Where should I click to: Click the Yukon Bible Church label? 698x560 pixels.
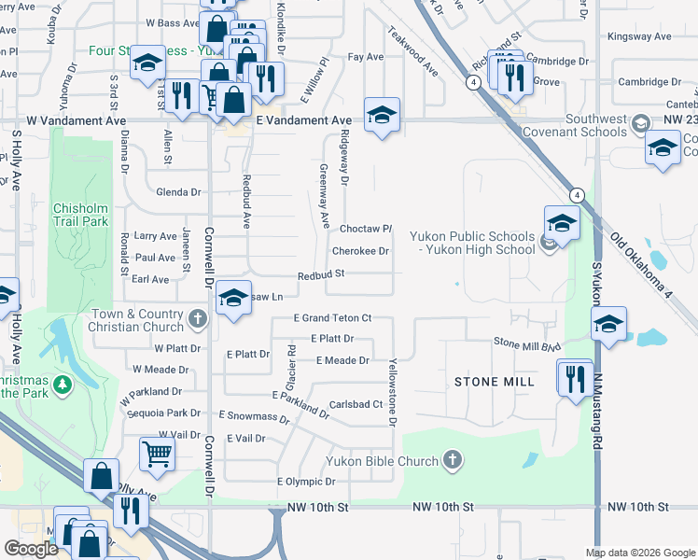click(382, 461)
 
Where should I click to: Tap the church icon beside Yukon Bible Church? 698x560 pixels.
click(453, 459)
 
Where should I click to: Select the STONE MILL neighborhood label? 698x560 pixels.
click(494, 382)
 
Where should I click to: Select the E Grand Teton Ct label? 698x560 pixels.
click(332, 318)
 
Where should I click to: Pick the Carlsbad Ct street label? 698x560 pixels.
click(356, 404)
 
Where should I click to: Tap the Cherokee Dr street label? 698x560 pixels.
click(360, 251)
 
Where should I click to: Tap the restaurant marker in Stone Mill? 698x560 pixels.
click(575, 378)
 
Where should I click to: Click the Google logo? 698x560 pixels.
click(31, 549)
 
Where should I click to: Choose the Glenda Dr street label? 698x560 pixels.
click(179, 192)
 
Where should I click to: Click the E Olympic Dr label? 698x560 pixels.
click(306, 482)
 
